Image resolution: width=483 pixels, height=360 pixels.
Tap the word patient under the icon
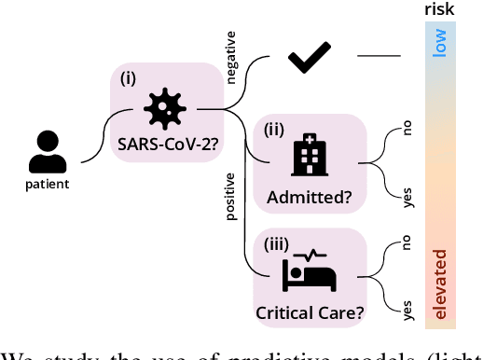(x=47, y=184)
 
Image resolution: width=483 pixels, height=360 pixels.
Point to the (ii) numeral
(x=275, y=129)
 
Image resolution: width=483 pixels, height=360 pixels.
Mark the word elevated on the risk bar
(x=440, y=281)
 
